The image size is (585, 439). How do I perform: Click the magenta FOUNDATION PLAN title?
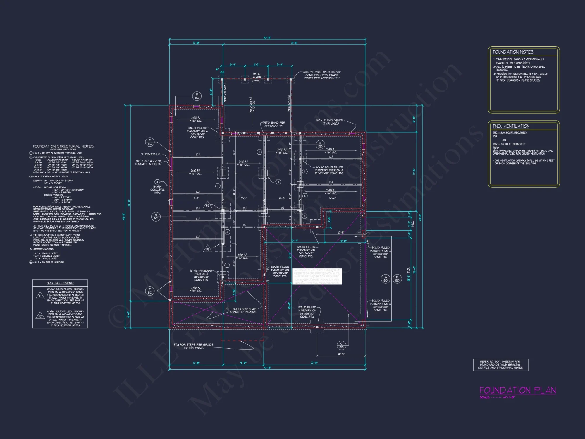pos(517,390)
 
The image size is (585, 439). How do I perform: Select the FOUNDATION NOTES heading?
pos(513,52)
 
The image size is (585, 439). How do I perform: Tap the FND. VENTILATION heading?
pos(511,126)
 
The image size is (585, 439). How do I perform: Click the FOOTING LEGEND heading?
pos(60,283)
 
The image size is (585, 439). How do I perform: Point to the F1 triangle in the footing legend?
pos(40,296)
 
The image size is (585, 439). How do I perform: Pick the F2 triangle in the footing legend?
pos(40,316)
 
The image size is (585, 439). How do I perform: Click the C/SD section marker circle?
pos(341,345)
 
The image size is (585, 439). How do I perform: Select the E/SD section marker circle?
pos(320,145)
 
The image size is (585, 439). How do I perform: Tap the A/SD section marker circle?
pos(386,279)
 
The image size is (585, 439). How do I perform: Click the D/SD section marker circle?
pos(156,217)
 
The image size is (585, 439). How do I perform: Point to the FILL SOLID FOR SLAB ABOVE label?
pos(241,311)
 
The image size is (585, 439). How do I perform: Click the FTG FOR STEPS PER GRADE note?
pos(193,346)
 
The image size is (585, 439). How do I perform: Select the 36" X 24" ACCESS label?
pos(148,162)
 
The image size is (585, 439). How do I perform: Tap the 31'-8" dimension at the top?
pos(294,43)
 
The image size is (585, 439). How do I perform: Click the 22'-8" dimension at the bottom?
pos(314,363)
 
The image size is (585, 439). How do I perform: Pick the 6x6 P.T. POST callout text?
pos(322,75)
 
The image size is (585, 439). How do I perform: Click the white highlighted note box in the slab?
pos(317,276)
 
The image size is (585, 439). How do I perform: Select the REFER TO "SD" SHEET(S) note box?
pos(500,365)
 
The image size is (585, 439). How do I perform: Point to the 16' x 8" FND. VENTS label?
pos(329,122)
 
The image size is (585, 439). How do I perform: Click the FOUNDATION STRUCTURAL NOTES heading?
pos(63,146)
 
